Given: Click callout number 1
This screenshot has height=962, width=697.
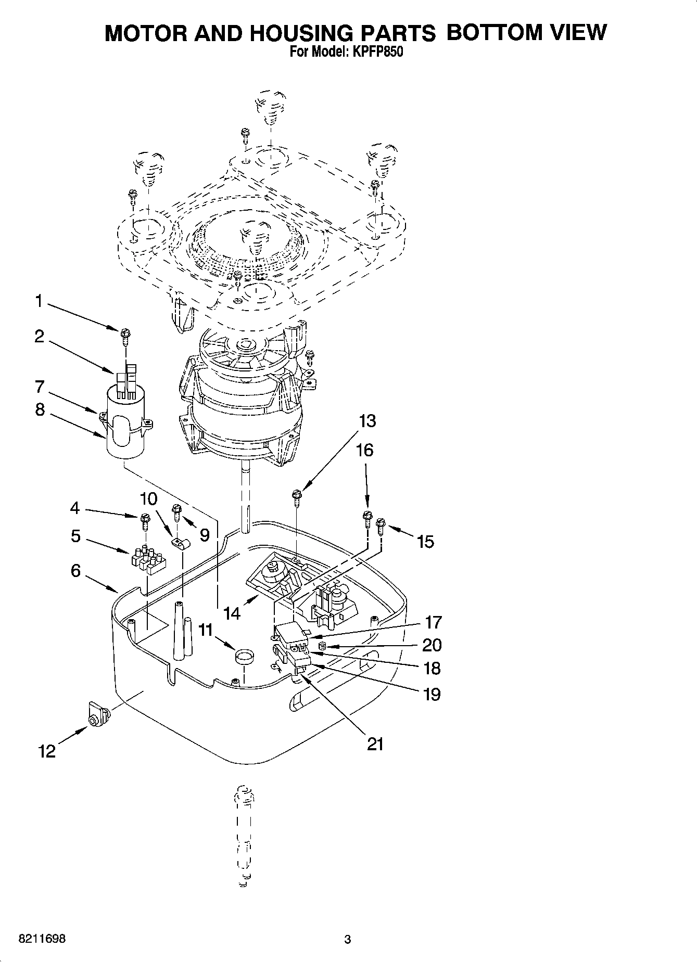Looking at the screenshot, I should (x=38, y=301).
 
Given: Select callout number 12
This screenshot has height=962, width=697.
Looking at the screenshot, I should (x=47, y=751).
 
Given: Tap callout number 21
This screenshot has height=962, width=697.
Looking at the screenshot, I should (x=375, y=744).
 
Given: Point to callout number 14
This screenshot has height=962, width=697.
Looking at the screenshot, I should (x=232, y=614).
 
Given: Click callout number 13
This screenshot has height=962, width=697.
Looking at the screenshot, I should (x=367, y=420).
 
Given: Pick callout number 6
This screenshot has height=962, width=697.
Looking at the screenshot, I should (x=76, y=571).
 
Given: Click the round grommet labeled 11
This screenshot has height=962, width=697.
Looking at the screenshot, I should (x=243, y=657).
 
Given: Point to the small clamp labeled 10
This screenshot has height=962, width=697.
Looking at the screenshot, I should (x=180, y=544).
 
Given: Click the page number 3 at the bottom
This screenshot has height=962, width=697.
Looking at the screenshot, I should (x=348, y=940).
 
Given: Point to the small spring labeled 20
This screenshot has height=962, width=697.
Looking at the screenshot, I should (x=322, y=646).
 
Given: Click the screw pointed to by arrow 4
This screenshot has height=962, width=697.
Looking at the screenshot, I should (x=145, y=519).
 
